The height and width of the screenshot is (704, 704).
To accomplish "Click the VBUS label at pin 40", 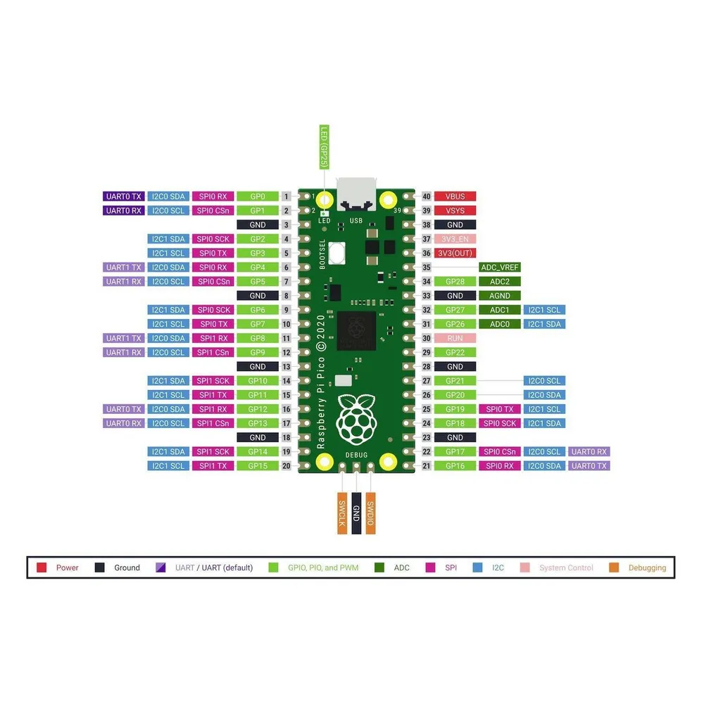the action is pos(455,196).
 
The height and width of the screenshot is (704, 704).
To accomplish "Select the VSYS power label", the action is pos(455,210).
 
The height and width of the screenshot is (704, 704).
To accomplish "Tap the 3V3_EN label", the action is pos(455,239).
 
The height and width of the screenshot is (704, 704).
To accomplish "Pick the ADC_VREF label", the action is pos(499,267).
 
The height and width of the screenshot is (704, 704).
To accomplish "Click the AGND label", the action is pos(499,296).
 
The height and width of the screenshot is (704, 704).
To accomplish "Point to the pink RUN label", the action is pos(455,338).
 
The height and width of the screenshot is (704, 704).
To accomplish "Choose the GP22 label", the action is pos(455,353).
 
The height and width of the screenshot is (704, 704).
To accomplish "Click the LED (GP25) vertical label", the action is pos(324,147).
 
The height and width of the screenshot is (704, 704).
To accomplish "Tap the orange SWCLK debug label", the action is pos(342,513).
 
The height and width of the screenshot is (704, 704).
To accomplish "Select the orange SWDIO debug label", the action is pos(370,513).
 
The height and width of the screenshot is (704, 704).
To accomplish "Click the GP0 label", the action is pos(258,196).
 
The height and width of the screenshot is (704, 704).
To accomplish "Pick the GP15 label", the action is pos(258,466).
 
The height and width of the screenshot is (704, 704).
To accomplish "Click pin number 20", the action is pos(286,466).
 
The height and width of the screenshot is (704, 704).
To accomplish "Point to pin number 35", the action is pos(427,267).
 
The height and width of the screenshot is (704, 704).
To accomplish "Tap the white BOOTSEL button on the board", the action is pos(337,253).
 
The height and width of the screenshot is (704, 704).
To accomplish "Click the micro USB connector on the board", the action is pos(356,194).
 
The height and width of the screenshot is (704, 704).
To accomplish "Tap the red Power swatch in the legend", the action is pos(42,567).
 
